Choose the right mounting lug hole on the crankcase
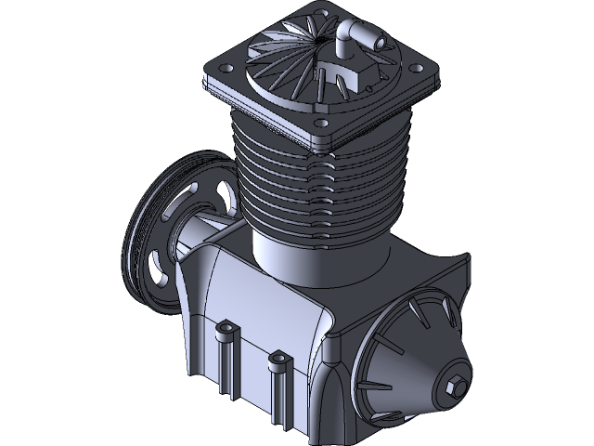[x=275, y=356]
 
